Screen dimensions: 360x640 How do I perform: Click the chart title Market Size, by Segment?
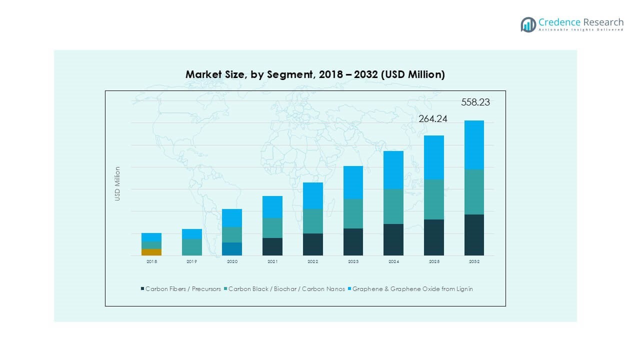[x=315, y=74]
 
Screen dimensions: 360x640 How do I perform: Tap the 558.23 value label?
[x=475, y=102]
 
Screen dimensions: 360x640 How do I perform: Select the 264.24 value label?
[x=432, y=118]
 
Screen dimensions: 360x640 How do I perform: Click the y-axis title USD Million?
[x=117, y=183]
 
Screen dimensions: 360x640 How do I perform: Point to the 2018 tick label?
[x=151, y=261]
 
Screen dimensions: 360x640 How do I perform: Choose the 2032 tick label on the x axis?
[x=474, y=261]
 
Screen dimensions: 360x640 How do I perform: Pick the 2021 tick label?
[x=272, y=261]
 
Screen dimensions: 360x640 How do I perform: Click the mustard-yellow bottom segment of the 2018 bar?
[x=151, y=252]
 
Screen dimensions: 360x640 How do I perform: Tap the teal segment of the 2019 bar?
[x=192, y=247]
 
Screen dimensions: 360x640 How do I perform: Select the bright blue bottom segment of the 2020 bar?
[x=232, y=249]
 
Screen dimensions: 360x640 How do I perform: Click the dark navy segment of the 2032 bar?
[x=474, y=235]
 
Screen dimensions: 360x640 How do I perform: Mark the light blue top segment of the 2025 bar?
[x=434, y=157]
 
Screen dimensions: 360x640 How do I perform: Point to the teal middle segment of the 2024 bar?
[x=393, y=206]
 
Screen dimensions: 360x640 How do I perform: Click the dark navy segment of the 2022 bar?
[x=313, y=244]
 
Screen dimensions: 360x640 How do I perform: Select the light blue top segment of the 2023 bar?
[x=353, y=182]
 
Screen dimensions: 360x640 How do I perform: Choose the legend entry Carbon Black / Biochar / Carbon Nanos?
[x=286, y=289]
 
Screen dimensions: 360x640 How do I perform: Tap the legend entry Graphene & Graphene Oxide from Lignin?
[x=412, y=289]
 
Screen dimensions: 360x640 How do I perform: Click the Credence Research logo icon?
[x=528, y=24]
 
